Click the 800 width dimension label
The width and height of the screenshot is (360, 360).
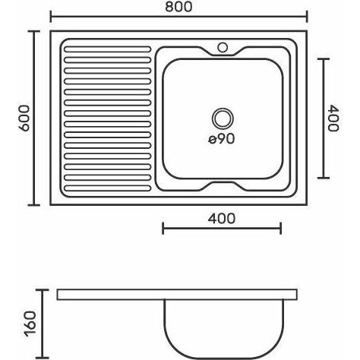(178, 7)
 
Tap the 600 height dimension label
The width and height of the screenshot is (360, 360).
(24, 118)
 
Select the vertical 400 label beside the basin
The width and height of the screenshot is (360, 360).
(333, 118)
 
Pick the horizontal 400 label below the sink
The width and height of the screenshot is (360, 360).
(222, 219)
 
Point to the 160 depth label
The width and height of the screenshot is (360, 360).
(30, 324)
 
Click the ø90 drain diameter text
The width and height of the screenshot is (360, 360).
(222, 139)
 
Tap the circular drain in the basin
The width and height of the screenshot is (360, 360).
(223, 118)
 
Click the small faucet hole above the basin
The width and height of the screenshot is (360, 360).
(223, 47)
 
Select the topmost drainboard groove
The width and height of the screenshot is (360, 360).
(108, 49)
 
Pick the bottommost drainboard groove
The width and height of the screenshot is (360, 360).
(108, 188)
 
